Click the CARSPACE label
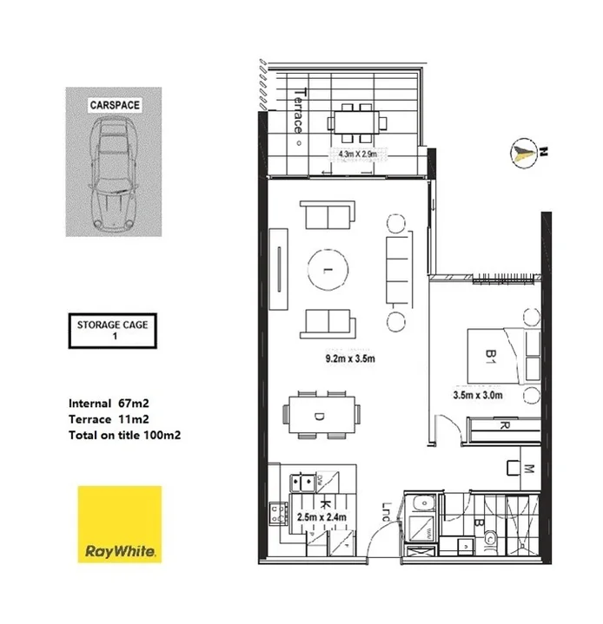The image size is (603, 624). click(115, 105)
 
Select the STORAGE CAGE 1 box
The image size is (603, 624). click(112, 332)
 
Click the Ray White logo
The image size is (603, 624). click(120, 526)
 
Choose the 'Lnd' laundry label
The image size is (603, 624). click(388, 512)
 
